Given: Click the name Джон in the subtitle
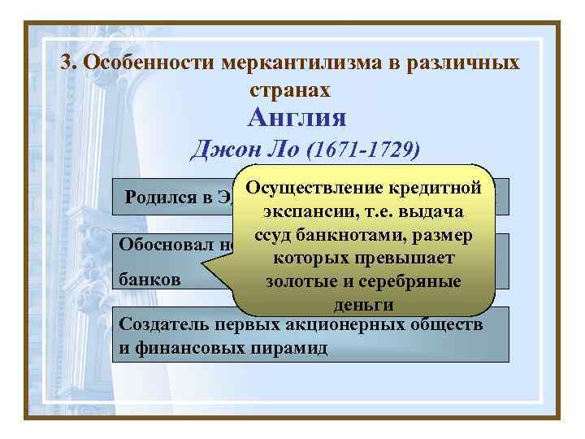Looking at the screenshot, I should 217,150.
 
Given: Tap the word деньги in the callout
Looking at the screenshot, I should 363,305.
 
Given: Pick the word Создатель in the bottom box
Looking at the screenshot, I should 160,324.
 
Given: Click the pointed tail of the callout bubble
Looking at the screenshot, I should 205,274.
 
